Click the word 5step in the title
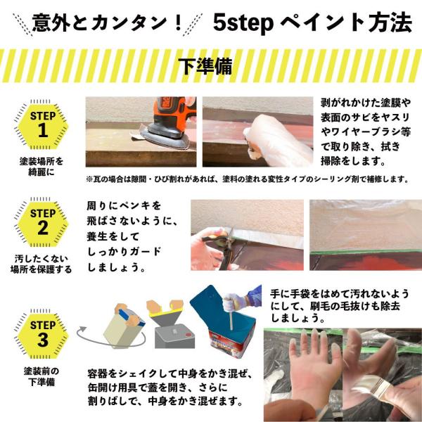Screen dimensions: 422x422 [243, 23]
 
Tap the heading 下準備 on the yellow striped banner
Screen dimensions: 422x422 [205, 66]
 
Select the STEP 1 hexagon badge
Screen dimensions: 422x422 [41, 124]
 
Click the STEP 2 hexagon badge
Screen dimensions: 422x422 [41, 222]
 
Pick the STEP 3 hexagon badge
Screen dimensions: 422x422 [41, 334]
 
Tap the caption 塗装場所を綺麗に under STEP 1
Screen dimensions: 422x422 [41, 166]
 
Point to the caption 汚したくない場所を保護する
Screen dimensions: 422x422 [41, 264]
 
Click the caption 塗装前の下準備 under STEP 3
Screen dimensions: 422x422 [41, 376]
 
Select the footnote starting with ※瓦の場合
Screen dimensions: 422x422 [248, 179]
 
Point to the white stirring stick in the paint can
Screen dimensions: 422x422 [231, 318]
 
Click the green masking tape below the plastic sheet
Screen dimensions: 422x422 [366, 252]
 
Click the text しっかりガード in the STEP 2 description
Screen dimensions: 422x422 [124, 252]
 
